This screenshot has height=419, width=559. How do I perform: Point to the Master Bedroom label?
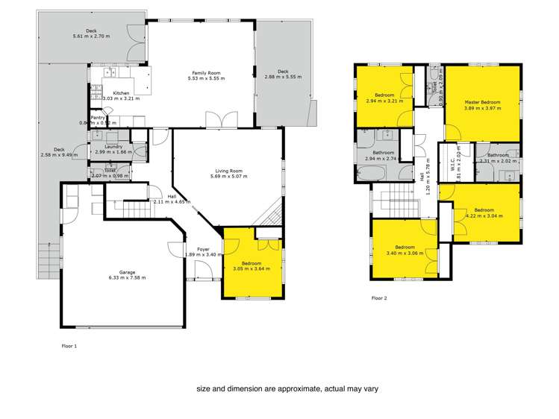(481, 102)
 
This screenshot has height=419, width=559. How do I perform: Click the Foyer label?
(202, 249)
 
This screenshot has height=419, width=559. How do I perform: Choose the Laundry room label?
(113, 146)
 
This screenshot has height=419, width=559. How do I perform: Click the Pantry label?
(98, 118)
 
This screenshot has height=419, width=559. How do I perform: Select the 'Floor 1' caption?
(69, 346)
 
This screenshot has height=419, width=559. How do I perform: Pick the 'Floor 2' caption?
(380, 297)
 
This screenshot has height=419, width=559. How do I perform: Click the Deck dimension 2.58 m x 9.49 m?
(58, 155)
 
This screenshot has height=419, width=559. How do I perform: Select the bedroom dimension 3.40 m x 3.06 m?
(405, 252)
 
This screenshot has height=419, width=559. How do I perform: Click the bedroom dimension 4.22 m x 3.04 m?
(483, 215)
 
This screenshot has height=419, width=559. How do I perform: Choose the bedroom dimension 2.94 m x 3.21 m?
(384, 101)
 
